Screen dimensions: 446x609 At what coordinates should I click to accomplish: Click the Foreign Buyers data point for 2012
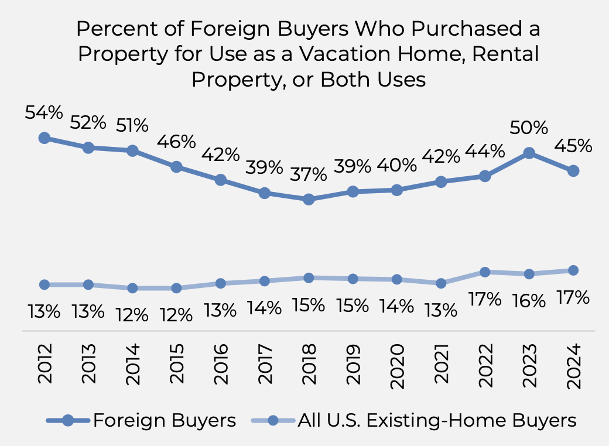click(44, 138)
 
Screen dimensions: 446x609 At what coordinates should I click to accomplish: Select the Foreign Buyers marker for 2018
click(309, 200)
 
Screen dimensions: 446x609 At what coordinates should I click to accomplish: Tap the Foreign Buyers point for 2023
click(529, 153)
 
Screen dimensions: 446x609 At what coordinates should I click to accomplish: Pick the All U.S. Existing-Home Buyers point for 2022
click(485, 272)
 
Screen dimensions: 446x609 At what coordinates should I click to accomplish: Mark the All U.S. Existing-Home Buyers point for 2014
click(132, 288)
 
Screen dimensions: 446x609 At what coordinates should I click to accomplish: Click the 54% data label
click(44, 113)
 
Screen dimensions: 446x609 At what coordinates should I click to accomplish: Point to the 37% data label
click(309, 174)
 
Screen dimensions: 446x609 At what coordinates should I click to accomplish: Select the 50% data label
click(529, 128)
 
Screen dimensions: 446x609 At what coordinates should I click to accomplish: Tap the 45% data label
click(573, 146)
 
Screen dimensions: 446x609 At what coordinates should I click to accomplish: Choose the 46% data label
click(176, 142)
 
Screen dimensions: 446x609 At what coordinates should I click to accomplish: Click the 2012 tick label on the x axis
click(45, 363)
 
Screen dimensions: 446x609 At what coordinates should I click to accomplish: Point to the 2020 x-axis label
click(398, 363)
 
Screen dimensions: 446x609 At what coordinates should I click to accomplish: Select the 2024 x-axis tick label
click(574, 363)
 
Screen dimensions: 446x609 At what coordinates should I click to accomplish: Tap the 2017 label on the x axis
click(265, 363)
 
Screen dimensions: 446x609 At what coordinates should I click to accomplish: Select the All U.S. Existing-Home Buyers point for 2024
click(573, 270)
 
